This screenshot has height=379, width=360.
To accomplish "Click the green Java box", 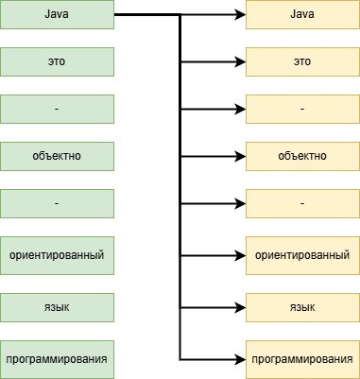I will pyautogui.click(x=57, y=15).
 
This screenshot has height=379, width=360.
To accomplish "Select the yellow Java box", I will pyautogui.click(x=302, y=15).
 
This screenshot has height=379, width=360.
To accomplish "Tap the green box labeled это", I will pyautogui.click(x=57, y=62).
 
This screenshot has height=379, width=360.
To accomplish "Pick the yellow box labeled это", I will pyautogui.click(x=302, y=62).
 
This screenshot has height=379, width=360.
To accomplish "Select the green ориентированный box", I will pyautogui.click(x=57, y=254).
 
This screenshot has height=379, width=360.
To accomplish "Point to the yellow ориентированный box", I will pyautogui.click(x=302, y=254).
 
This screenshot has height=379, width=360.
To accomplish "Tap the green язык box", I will pyautogui.click(x=57, y=307).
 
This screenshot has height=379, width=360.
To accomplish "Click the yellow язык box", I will pyautogui.click(x=302, y=307).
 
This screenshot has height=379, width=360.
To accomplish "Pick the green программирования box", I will pyautogui.click(x=57, y=359).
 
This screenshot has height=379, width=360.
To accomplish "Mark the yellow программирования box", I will pyautogui.click(x=302, y=359).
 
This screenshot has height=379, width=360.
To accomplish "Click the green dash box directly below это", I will pyautogui.click(x=57, y=109).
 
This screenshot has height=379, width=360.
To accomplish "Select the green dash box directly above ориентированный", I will pyautogui.click(x=57, y=202).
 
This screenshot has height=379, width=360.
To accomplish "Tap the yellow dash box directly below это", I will pyautogui.click(x=302, y=109).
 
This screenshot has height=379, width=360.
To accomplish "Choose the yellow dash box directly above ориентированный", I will pyautogui.click(x=302, y=202).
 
